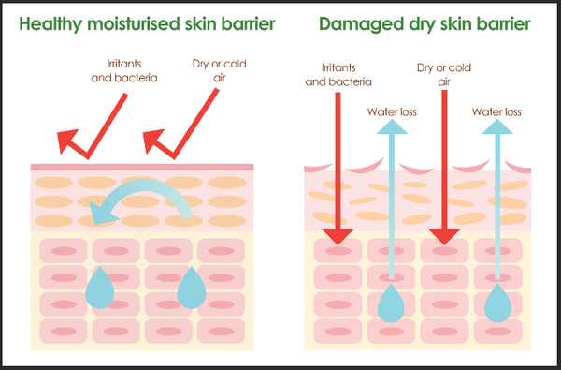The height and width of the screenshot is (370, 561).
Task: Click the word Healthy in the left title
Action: (x=50, y=24)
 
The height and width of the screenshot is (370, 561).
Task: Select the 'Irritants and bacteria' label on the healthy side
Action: (x=124, y=71)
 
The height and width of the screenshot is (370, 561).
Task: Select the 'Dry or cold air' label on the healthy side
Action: (x=220, y=71)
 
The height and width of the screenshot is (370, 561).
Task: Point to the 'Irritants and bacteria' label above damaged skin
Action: (x=338, y=75)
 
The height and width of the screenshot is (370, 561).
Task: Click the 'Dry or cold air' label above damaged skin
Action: (x=444, y=75)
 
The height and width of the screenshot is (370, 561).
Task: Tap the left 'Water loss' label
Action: (x=392, y=111)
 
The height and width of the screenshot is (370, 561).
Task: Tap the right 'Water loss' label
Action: (x=496, y=111)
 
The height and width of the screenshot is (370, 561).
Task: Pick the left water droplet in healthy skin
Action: (x=100, y=288)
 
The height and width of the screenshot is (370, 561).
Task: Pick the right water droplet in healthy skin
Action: (x=192, y=288)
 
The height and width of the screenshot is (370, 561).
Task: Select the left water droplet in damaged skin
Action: (x=391, y=303)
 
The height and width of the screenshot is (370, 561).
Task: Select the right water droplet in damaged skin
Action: (x=497, y=303)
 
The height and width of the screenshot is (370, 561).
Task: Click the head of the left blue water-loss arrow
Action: (x=392, y=126)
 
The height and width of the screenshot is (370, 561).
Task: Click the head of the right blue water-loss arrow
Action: (x=497, y=126)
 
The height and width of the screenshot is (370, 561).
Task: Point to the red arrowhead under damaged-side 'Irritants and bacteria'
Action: (x=338, y=237)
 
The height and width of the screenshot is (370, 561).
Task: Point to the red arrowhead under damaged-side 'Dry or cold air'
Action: (x=444, y=237)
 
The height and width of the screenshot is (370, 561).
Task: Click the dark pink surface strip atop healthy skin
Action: (x=142, y=167)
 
